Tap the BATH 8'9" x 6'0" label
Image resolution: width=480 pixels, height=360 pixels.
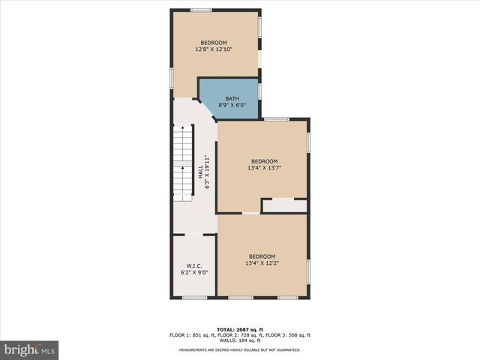tap(232, 102)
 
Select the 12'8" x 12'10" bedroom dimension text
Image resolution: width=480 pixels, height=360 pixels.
tap(214, 49)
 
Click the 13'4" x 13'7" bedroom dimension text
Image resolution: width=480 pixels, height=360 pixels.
tap(264, 168)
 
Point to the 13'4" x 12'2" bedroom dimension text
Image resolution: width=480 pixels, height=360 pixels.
tap(262, 263)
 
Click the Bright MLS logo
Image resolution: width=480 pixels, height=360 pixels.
tap(29, 349)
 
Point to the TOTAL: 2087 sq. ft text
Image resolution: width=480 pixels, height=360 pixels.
tap(239, 329)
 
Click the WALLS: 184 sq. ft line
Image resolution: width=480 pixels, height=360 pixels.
tap(239, 340)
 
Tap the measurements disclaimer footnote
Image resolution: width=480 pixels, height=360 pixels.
tap(239, 350)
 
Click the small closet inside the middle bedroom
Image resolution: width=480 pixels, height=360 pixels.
tap(284, 205)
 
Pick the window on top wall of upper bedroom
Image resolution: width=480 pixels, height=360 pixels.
tap(200, 10)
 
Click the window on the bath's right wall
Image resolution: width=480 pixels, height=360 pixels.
tap(259, 91)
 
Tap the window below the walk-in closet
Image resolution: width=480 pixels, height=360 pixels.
tap(194, 298)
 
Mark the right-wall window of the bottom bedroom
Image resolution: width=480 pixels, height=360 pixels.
tap(308, 271)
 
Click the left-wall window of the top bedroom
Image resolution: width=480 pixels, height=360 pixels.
tap(172, 76)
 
